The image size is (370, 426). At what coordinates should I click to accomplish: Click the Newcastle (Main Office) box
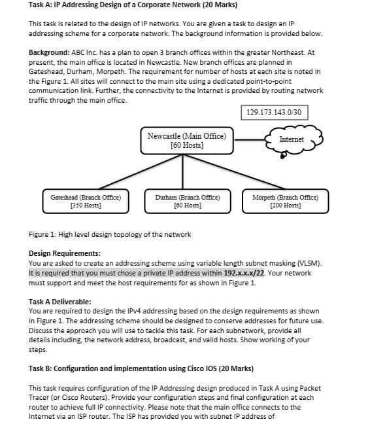[x=186, y=141]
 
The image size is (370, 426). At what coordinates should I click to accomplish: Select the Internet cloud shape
[x=292, y=139]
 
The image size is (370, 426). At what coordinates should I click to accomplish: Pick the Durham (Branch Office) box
[x=187, y=201]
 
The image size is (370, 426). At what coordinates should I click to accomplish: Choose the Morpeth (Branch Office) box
[x=288, y=201]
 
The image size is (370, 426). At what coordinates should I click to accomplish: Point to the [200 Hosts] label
[x=288, y=205]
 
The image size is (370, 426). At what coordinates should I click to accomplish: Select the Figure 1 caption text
[x=110, y=234]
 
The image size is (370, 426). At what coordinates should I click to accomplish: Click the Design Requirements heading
[x=65, y=253]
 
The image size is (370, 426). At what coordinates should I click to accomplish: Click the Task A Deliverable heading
[x=60, y=301]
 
